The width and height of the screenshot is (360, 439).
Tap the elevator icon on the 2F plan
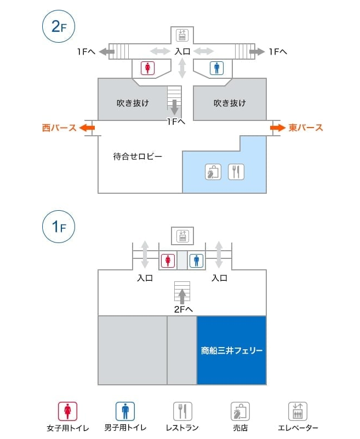coord(182,35)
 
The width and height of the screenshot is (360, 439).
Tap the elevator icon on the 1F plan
coord(182,236)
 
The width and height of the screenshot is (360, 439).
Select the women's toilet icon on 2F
coord(147,68)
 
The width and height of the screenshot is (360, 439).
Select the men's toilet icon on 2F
coord(216,68)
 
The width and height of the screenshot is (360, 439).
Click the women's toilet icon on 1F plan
coord(168,261)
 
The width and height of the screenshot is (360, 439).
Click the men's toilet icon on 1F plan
coord(196,261)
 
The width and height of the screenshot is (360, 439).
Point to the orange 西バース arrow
coord(87,128)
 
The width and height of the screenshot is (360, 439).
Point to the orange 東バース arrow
coord(278,128)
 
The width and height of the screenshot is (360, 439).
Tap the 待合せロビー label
coord(138,156)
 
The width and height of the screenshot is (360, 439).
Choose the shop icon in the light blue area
coord(213,172)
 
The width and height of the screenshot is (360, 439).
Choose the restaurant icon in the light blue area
coord(236,172)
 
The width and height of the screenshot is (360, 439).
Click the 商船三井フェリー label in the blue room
coord(232,350)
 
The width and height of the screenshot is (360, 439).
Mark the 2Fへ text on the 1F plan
coord(184,309)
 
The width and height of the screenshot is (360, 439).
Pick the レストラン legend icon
coord(182,411)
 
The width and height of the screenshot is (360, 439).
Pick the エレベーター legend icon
coord(298,411)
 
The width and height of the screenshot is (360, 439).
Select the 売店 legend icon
coord(240,411)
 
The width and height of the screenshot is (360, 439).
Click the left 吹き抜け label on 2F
coord(133,103)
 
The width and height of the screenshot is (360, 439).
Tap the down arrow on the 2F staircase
coord(175,107)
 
